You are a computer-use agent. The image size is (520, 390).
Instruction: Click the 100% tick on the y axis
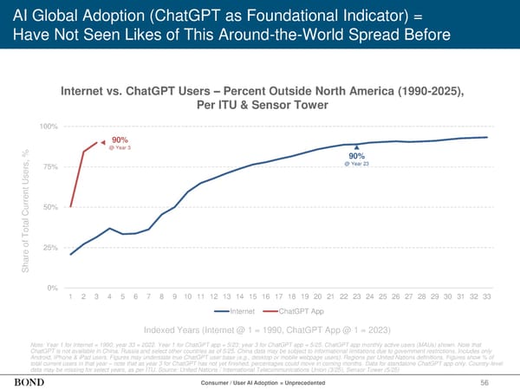49,127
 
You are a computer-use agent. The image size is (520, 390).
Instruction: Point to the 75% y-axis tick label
50,167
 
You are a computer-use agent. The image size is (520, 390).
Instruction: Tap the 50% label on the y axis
50,207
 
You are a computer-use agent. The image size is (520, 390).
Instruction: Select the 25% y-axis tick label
50,248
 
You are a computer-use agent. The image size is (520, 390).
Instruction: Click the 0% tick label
53,288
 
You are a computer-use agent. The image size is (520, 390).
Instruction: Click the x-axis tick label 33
486,297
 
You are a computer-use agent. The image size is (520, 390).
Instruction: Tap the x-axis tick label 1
70,297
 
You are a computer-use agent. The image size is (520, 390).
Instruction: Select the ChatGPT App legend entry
296,311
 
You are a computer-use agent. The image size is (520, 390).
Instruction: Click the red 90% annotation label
120,140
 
